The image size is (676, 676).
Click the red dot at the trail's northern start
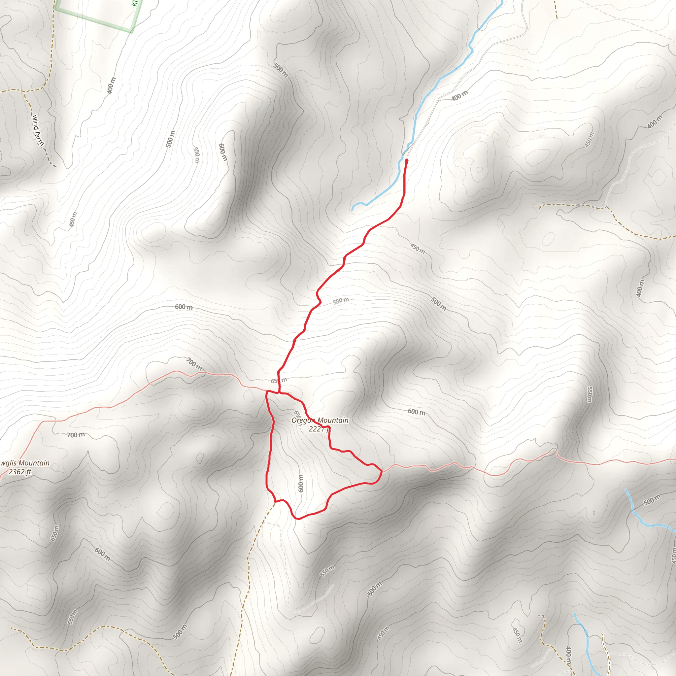406,161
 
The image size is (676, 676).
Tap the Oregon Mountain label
320,420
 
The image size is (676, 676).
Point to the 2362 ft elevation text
20,472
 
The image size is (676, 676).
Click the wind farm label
38,130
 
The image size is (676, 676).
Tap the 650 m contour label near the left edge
55,533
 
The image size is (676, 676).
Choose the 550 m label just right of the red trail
340,301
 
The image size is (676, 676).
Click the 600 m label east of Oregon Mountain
416,412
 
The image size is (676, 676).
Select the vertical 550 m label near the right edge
590,394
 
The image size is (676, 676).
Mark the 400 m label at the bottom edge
569,656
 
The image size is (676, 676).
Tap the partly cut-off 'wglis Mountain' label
24,463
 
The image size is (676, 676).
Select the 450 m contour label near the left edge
73,220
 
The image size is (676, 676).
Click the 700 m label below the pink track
76,435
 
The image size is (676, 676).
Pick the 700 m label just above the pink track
193,364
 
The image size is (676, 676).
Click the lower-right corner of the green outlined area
132,31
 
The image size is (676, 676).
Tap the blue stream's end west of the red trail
352,210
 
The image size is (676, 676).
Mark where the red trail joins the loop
279,392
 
